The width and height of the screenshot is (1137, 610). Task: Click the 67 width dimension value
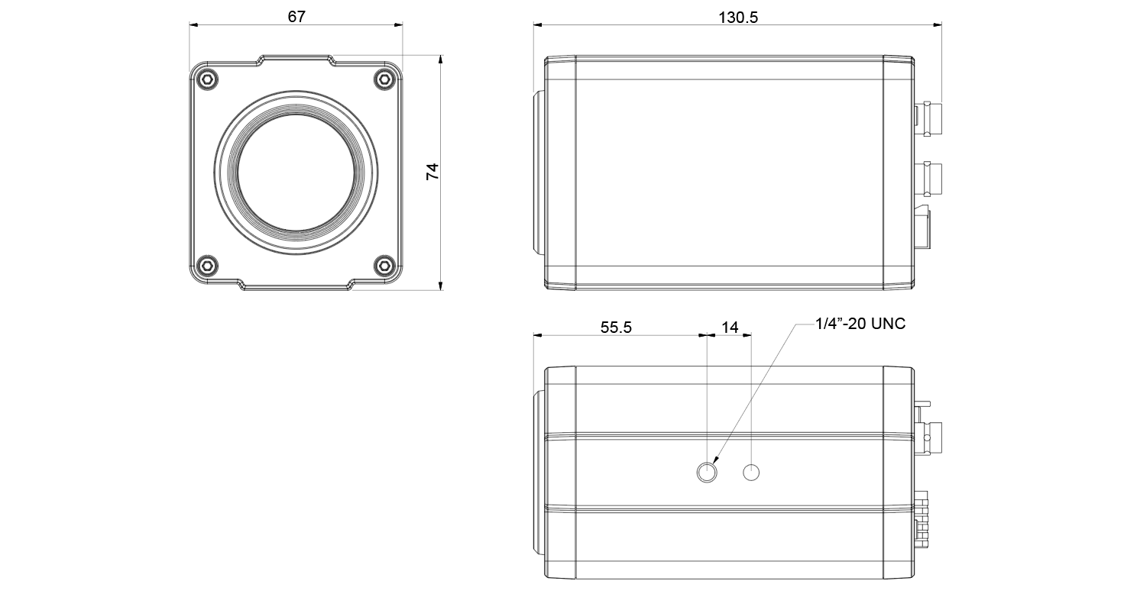296,17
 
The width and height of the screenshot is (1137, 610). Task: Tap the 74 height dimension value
432,171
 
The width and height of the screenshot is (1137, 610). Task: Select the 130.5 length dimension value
738,18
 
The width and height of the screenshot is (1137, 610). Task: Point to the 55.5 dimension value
616,328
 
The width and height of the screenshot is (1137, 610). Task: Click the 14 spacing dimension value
730,328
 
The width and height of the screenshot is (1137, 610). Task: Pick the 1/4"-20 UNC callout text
860,324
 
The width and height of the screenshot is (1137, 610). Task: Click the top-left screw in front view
207,79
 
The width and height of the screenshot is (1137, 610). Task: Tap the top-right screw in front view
384,79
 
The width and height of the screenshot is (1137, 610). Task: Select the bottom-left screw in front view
207,265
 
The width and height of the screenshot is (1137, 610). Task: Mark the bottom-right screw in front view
384,265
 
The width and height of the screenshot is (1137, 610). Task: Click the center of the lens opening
296,172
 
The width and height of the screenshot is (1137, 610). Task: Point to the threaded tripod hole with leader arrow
707,473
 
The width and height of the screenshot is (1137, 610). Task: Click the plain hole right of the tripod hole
751,473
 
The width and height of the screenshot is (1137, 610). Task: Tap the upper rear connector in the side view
928,120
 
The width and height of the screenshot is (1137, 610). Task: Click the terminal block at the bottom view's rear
922,519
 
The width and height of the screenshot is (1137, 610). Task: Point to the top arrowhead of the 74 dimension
441,60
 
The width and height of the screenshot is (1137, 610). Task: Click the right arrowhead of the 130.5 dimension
938,24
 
